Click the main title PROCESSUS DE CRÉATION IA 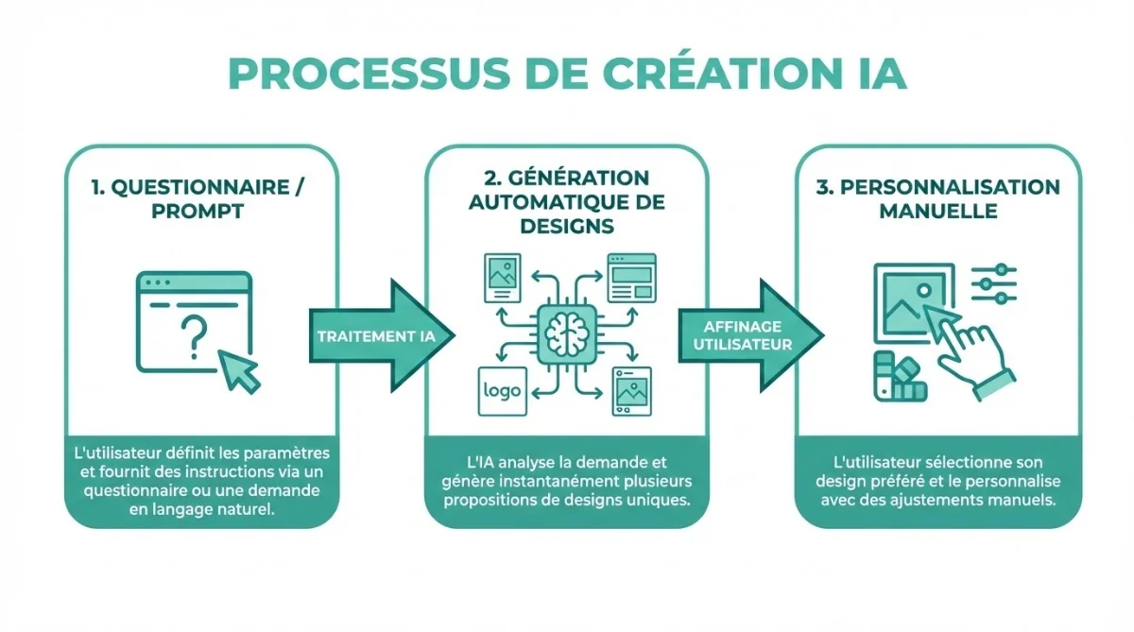(x=567, y=74)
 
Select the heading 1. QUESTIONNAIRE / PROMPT (x=198, y=198)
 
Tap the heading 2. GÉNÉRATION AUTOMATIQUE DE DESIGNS (x=567, y=202)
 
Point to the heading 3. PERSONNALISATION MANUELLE (x=937, y=198)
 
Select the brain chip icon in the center (x=566, y=333)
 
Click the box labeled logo (x=502, y=390)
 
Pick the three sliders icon (x=993, y=283)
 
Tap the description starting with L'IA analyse (x=567, y=481)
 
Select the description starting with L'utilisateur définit (x=198, y=481)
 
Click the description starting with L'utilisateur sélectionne (x=937, y=481)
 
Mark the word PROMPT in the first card (x=198, y=211)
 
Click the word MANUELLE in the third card (x=937, y=211)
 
